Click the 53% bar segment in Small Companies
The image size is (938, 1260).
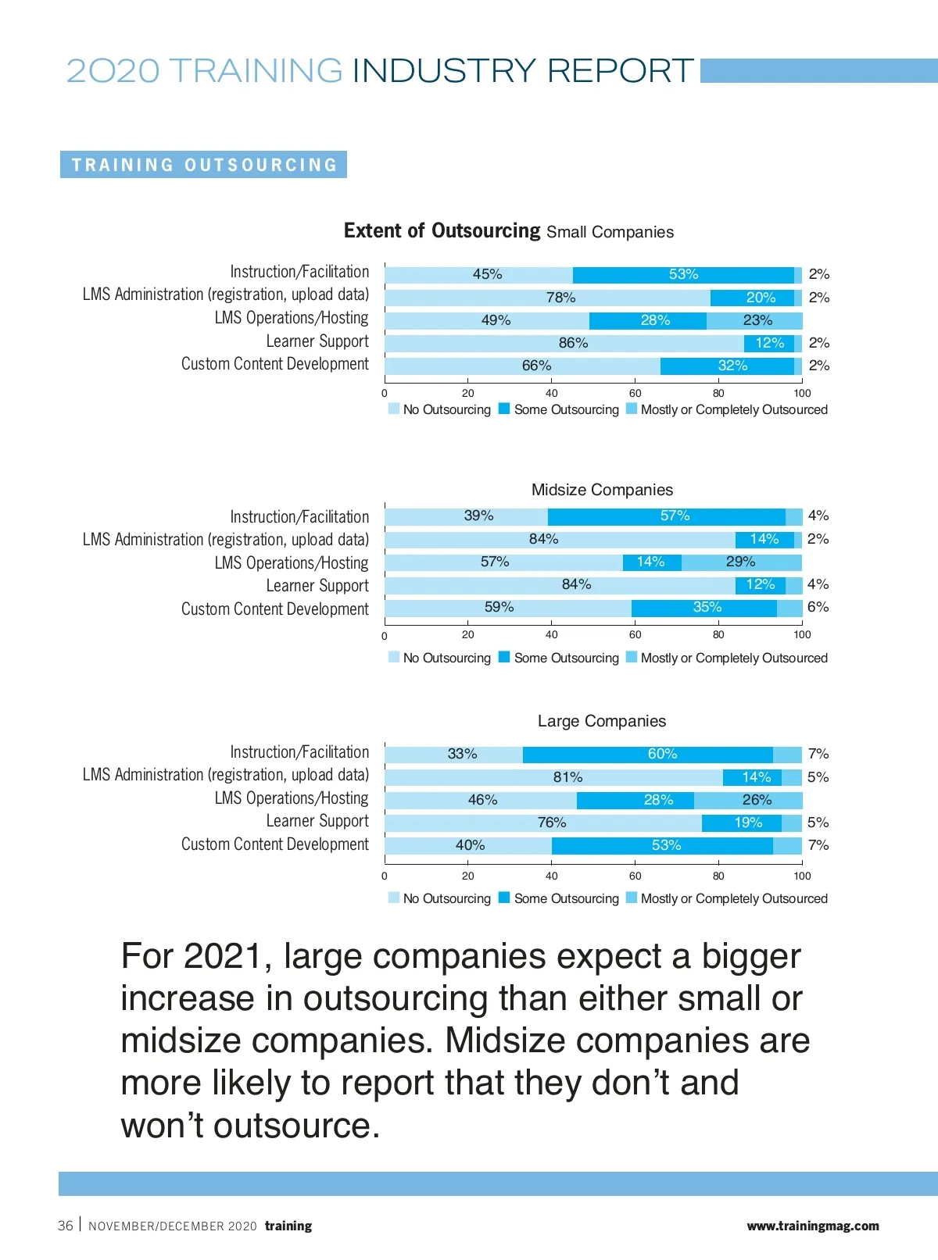pos(683,275)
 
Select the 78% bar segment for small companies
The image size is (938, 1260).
pos(547,298)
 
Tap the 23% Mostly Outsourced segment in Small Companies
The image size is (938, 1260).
pos(755,320)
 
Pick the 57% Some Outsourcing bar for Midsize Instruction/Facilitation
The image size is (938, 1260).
pos(667,516)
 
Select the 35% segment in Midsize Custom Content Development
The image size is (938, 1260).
pos(704,608)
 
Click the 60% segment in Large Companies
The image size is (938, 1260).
pos(648,755)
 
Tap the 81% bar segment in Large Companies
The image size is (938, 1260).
pos(554,777)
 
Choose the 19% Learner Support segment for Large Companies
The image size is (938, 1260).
pos(742,823)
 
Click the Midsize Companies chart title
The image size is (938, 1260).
pos(602,490)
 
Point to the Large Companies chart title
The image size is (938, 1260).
pos(602,721)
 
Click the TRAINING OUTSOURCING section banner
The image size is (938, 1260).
pos(204,165)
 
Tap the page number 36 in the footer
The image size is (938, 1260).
pos(66,1226)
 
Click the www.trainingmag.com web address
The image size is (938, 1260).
pos(812,1226)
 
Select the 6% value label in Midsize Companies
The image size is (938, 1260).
pos(818,607)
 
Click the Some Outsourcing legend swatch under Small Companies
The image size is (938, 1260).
pos(504,409)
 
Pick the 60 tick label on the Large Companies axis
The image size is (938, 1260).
pos(635,876)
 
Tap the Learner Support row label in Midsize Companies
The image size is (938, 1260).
pos(317,586)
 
